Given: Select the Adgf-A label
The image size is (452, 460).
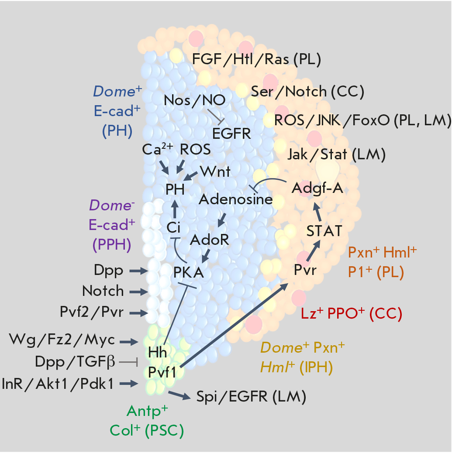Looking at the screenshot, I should click(317, 188).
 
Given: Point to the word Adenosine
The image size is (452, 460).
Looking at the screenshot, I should click(236, 199).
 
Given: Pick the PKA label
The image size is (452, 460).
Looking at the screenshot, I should click(189, 272).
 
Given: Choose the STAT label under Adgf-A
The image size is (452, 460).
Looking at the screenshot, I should click(324, 230).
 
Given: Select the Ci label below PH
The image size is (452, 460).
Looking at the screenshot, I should click(174, 227).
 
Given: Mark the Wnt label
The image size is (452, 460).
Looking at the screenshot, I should click(215, 171).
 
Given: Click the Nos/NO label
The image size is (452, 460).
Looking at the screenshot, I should click(195, 100).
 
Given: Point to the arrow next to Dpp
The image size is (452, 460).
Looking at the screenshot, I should click(139, 271).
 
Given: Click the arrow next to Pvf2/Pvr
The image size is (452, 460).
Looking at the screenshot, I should click(139, 312).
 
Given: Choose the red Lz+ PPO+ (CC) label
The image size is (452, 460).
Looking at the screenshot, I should click(352, 313).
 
